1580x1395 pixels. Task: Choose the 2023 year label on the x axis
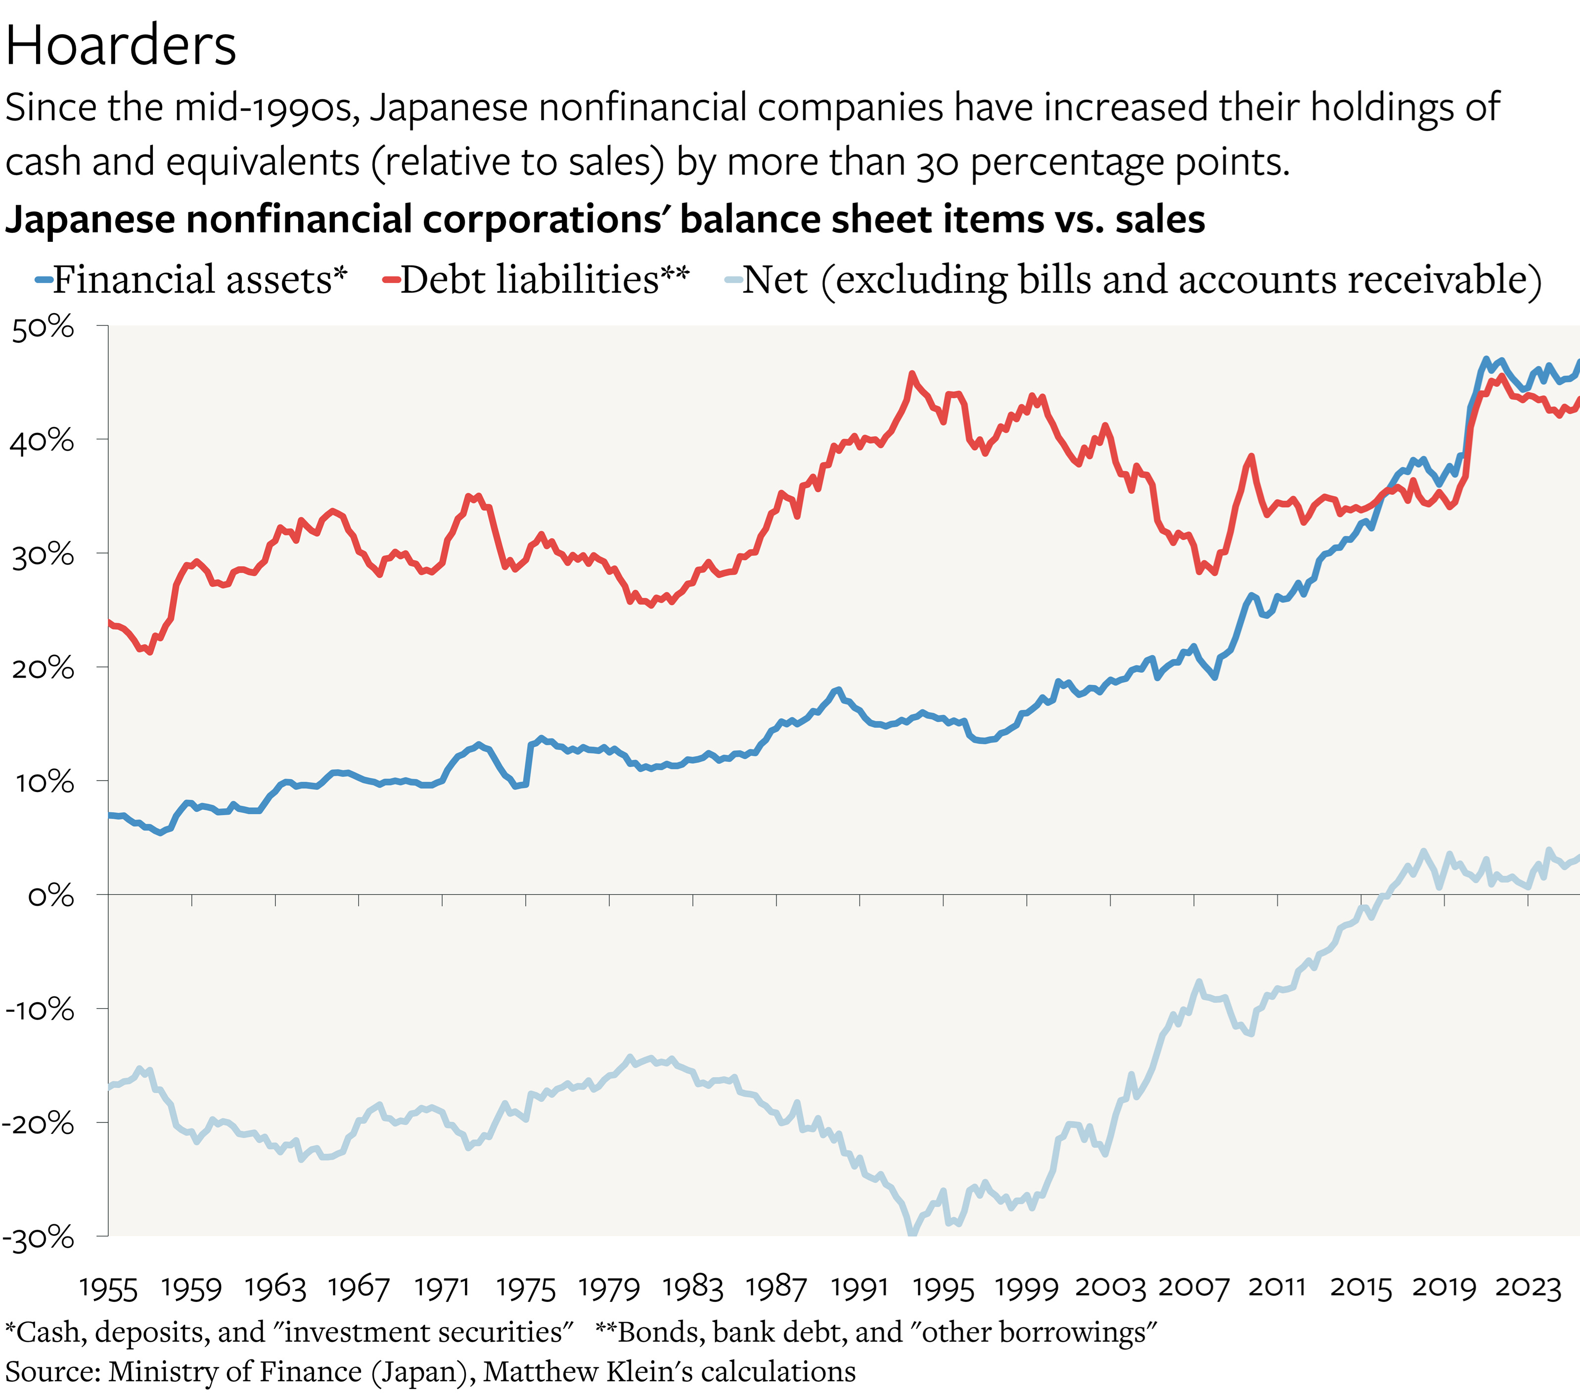tap(1528, 1288)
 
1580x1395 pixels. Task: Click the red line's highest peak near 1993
tap(912, 375)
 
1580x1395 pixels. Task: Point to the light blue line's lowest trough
tap(912, 1235)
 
